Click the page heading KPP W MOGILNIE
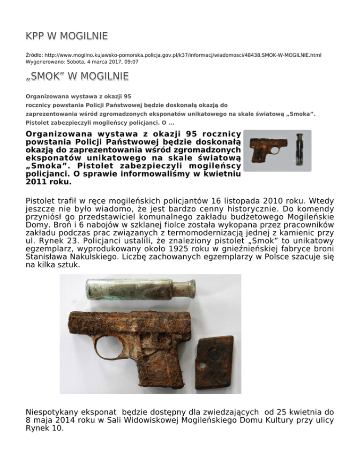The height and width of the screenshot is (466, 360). coord(67,36)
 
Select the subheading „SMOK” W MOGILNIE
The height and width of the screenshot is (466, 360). coord(77,75)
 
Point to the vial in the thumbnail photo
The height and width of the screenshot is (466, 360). coord(299,150)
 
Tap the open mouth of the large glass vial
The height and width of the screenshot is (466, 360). coord(191,288)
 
